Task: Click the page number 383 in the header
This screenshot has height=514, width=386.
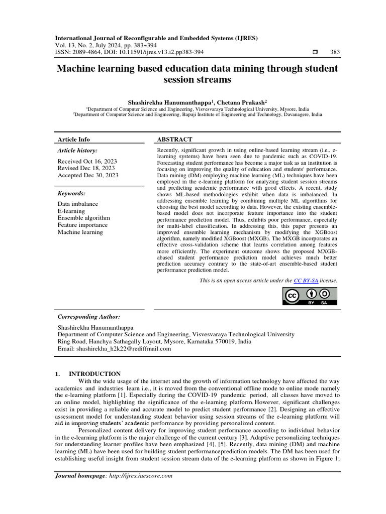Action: [334, 52]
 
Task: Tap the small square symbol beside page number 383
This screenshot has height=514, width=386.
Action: [315, 52]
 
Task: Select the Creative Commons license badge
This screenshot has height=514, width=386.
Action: [309, 297]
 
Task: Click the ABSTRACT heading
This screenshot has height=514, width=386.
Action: [175, 140]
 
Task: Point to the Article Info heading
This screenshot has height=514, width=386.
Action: [74, 140]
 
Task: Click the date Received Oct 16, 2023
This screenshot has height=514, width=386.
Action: [87, 161]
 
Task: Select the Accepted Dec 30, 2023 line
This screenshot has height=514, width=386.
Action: [88, 175]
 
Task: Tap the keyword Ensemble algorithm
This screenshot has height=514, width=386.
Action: [83, 218]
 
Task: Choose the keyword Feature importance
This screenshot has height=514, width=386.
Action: [83, 225]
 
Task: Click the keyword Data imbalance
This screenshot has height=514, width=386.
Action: [78, 204]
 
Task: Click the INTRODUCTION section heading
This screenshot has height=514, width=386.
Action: [94, 374]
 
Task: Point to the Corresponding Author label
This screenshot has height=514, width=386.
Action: [89, 317]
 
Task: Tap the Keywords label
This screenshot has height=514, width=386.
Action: [72, 193]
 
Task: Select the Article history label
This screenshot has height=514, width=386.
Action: [77, 150]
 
